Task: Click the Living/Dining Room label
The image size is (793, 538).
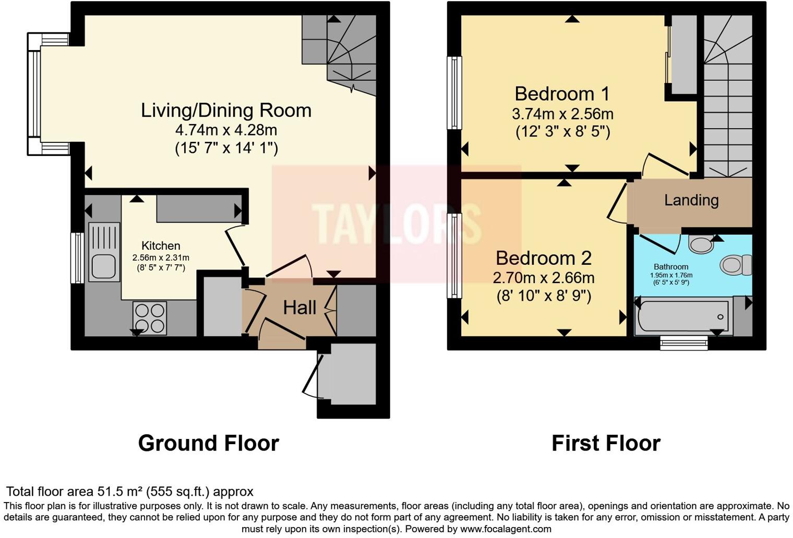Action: pyautogui.click(x=226, y=111)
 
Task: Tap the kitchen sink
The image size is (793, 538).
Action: pyautogui.click(x=104, y=252)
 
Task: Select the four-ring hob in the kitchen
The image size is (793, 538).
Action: pyautogui.click(x=150, y=318)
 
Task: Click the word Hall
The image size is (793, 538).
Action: pyautogui.click(x=299, y=308)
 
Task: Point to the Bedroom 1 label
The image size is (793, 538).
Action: pyautogui.click(x=562, y=94)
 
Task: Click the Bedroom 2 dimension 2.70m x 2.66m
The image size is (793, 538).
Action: pyautogui.click(x=544, y=277)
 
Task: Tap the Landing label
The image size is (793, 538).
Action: pyautogui.click(x=691, y=200)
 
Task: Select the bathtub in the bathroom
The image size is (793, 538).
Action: pyautogui.click(x=683, y=316)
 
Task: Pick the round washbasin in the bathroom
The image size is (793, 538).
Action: pyautogui.click(x=701, y=243)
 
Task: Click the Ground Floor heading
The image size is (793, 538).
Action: pyautogui.click(x=208, y=443)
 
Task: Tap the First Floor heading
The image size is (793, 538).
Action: pyautogui.click(x=606, y=443)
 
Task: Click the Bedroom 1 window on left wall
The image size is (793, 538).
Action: pyautogui.click(x=455, y=93)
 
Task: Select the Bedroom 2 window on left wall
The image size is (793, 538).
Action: pyautogui.click(x=455, y=255)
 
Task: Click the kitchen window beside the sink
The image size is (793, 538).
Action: pyautogui.click(x=77, y=258)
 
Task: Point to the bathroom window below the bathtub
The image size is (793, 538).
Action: pyautogui.click(x=683, y=342)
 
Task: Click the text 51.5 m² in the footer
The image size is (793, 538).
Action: pyautogui.click(x=120, y=492)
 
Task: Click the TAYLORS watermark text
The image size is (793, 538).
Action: pyautogui.click(x=397, y=224)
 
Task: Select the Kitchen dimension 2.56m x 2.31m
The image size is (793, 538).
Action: pyautogui.click(x=161, y=258)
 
